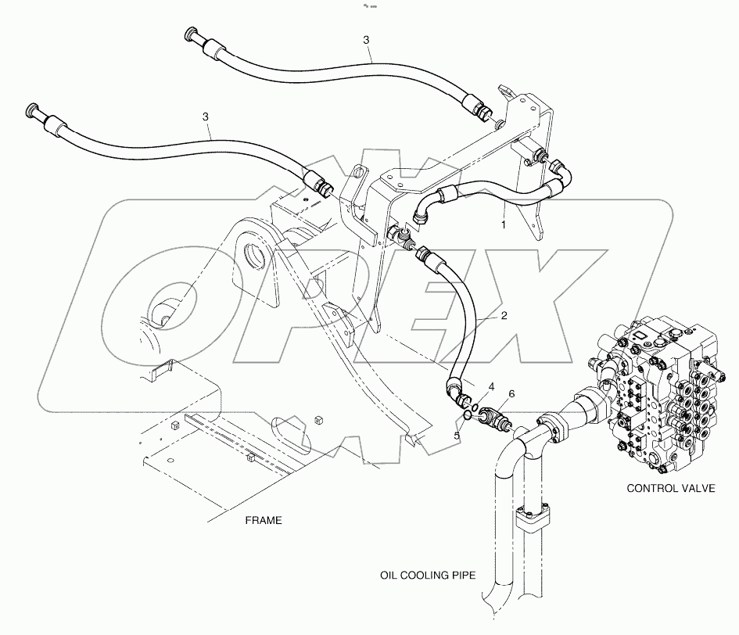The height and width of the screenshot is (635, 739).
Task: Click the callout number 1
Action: pos(504,224)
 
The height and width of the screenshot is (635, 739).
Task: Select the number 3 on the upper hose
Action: pos(367,39)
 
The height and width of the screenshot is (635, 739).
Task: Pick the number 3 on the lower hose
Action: pos(206,117)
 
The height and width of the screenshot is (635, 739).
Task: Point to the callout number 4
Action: pos(492,386)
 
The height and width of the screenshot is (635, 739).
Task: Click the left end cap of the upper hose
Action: pos(191,37)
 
